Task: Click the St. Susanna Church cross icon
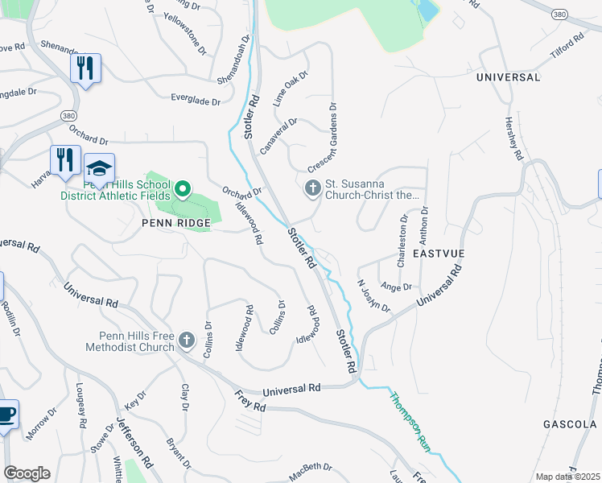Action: pyautogui.click(x=311, y=188)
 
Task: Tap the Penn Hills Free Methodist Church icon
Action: pyautogui.click(x=186, y=341)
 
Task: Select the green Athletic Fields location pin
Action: pyautogui.click(x=182, y=190)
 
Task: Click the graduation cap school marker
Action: pyautogui.click(x=99, y=168)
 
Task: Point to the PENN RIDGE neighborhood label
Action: pyautogui.click(x=175, y=222)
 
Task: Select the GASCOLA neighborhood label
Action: pyautogui.click(x=570, y=424)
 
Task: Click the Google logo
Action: pyautogui.click(x=27, y=473)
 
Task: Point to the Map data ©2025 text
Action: pyautogui.click(x=567, y=477)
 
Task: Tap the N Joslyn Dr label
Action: pyautogui.click(x=374, y=296)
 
